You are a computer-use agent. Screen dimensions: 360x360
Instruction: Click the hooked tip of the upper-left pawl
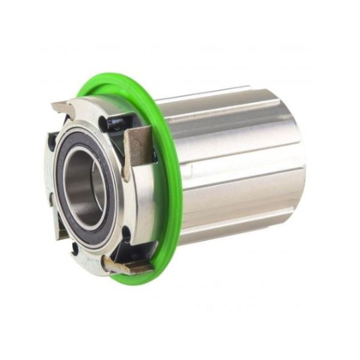pyautogui.click(x=57, y=106)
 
